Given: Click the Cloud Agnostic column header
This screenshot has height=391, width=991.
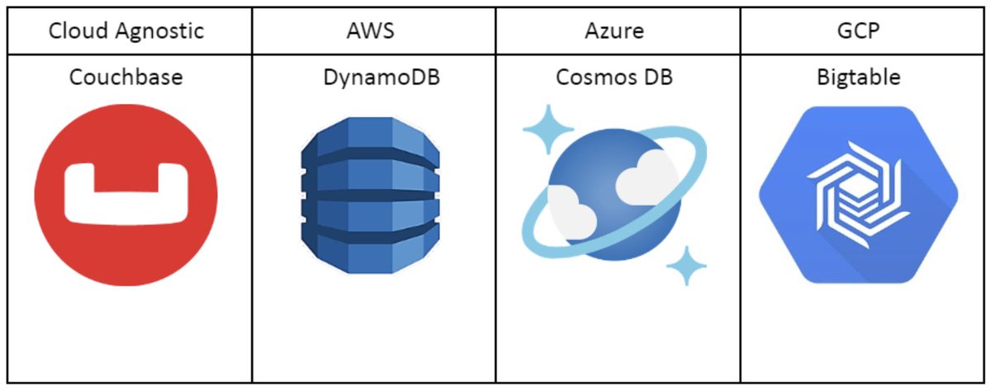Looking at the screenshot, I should pyautogui.click(x=126, y=31).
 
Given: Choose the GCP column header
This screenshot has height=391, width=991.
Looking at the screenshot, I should pyautogui.click(x=862, y=31).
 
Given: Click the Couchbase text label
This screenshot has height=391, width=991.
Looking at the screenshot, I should pyautogui.click(x=126, y=78).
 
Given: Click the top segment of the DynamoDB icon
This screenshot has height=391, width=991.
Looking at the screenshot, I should pyautogui.click(x=371, y=135).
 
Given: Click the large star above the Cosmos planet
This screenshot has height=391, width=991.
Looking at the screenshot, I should pyautogui.click(x=548, y=129).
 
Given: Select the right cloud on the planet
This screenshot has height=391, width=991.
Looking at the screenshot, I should pyautogui.click(x=644, y=183).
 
